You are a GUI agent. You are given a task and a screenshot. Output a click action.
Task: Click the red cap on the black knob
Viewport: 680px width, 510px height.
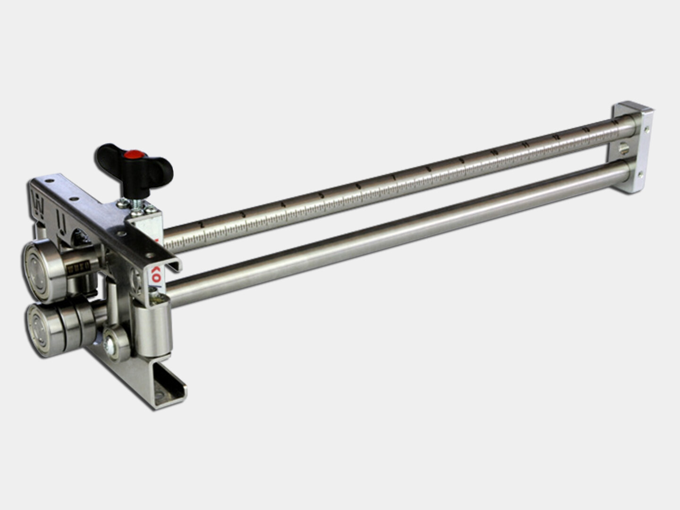point(134,154)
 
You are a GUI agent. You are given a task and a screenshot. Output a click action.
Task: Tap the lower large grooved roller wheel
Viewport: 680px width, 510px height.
point(45,326)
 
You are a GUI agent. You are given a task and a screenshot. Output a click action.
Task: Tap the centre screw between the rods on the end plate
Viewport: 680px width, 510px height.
point(622,148)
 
